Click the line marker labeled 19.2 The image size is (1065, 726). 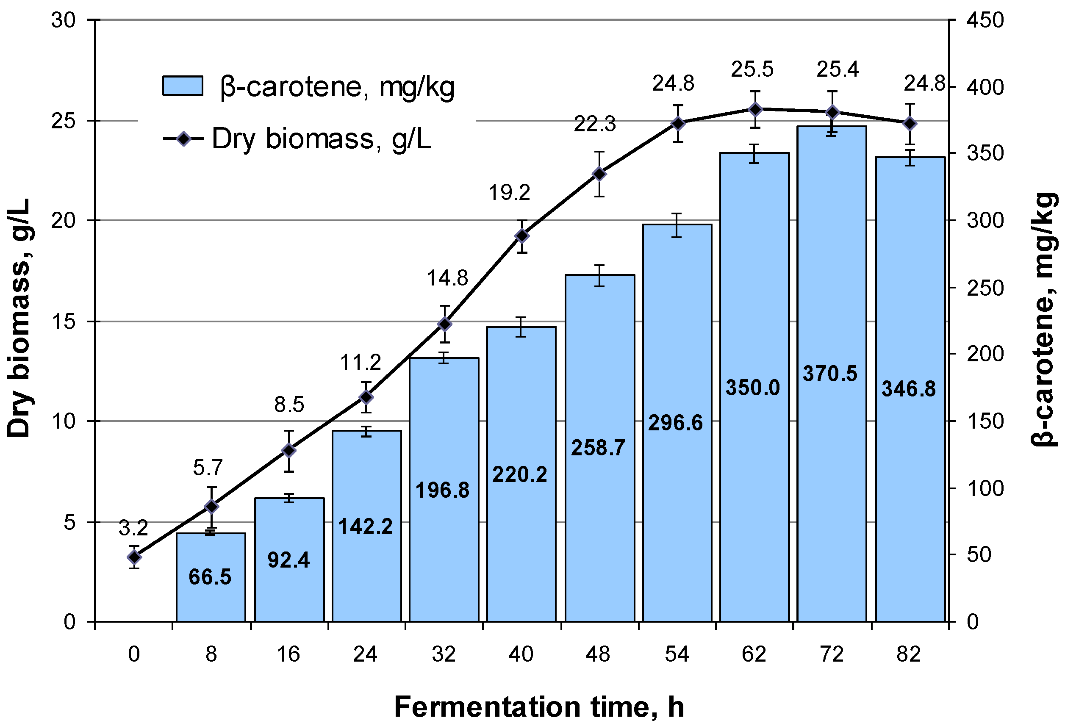click(522, 236)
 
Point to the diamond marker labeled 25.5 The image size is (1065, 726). click(755, 110)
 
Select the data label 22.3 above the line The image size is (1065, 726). click(595, 124)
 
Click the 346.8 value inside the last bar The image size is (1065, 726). click(909, 389)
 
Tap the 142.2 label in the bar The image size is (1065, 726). click(365, 526)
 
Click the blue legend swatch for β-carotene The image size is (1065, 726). click(183, 86)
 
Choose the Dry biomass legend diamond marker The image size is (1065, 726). click(183, 139)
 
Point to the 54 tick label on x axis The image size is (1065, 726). click(677, 654)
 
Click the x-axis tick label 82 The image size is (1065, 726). click(909, 654)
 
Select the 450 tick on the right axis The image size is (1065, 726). click(985, 21)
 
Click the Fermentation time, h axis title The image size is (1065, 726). click(539, 706)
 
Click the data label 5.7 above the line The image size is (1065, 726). click(208, 468)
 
